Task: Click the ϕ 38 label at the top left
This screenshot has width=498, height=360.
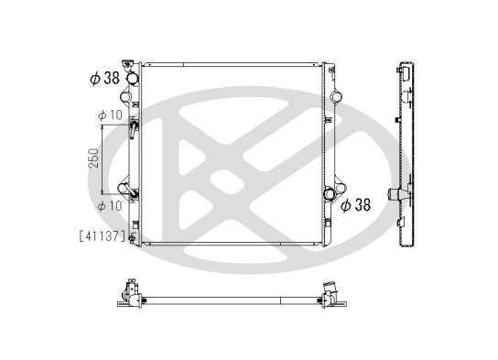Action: [104, 78]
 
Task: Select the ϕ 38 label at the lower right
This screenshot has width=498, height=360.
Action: [355, 204]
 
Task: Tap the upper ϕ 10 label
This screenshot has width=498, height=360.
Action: [110, 115]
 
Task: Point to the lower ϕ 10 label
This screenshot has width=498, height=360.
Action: [110, 206]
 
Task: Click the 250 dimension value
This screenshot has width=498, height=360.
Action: [93, 158]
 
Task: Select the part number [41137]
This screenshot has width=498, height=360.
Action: [103, 236]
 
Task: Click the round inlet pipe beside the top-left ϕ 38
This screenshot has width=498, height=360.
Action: [133, 78]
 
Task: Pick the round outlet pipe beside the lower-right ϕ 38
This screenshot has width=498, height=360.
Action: [330, 193]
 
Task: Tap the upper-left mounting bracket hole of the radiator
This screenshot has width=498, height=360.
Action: [124, 96]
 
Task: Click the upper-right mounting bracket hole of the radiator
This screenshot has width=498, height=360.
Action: [337, 96]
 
